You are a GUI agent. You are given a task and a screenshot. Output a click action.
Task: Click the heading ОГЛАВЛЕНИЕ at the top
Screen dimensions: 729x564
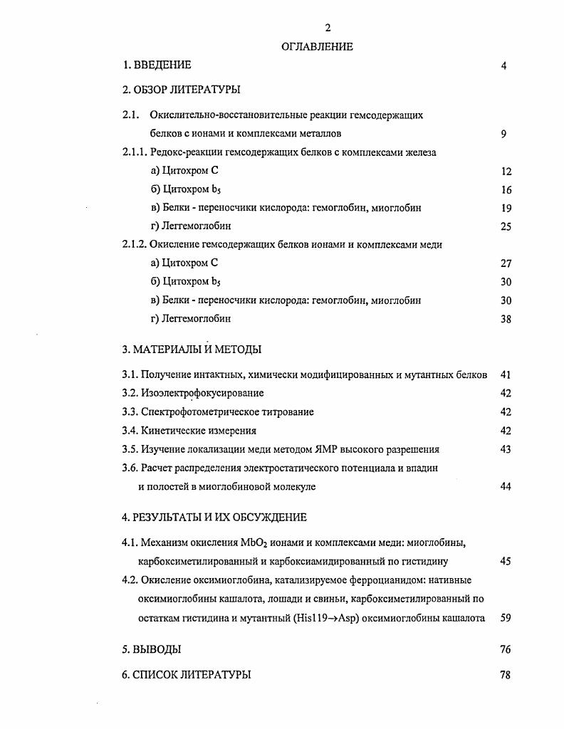click(x=318, y=47)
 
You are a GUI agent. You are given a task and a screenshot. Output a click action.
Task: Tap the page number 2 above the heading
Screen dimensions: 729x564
click(x=328, y=28)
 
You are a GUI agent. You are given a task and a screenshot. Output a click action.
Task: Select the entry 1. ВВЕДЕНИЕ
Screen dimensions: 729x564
click(x=157, y=65)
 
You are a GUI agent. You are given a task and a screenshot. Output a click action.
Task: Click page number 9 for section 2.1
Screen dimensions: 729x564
click(x=503, y=133)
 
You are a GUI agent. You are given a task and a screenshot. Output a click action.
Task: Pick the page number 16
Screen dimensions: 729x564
click(x=506, y=190)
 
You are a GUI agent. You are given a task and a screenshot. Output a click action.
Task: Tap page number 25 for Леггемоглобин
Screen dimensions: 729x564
click(x=506, y=227)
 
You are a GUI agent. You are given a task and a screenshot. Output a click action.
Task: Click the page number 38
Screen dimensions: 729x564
click(x=506, y=320)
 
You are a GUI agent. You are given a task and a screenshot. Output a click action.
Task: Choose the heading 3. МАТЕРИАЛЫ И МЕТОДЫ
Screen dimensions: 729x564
click(x=192, y=350)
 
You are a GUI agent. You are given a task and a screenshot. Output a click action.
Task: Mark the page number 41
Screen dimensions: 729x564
click(x=506, y=374)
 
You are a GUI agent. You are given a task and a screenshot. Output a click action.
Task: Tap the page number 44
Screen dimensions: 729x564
click(x=506, y=487)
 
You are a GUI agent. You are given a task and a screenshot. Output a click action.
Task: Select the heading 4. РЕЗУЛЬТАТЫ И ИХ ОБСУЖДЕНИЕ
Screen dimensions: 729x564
click(x=214, y=518)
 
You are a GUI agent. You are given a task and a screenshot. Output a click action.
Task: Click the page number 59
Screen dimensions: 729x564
click(x=506, y=619)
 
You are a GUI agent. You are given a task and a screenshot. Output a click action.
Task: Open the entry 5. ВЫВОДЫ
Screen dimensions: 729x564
click(x=151, y=649)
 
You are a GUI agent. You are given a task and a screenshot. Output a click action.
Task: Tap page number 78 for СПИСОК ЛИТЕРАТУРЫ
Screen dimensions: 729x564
click(x=506, y=675)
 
